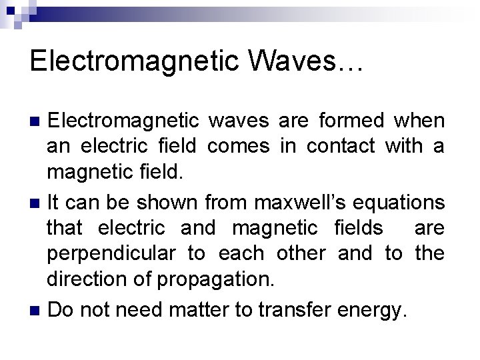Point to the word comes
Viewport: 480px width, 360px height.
pos(239,146)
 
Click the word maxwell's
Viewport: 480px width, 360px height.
pos(294,201)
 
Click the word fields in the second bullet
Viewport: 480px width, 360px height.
pos(358,228)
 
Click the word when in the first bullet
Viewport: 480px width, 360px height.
pos(419,121)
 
